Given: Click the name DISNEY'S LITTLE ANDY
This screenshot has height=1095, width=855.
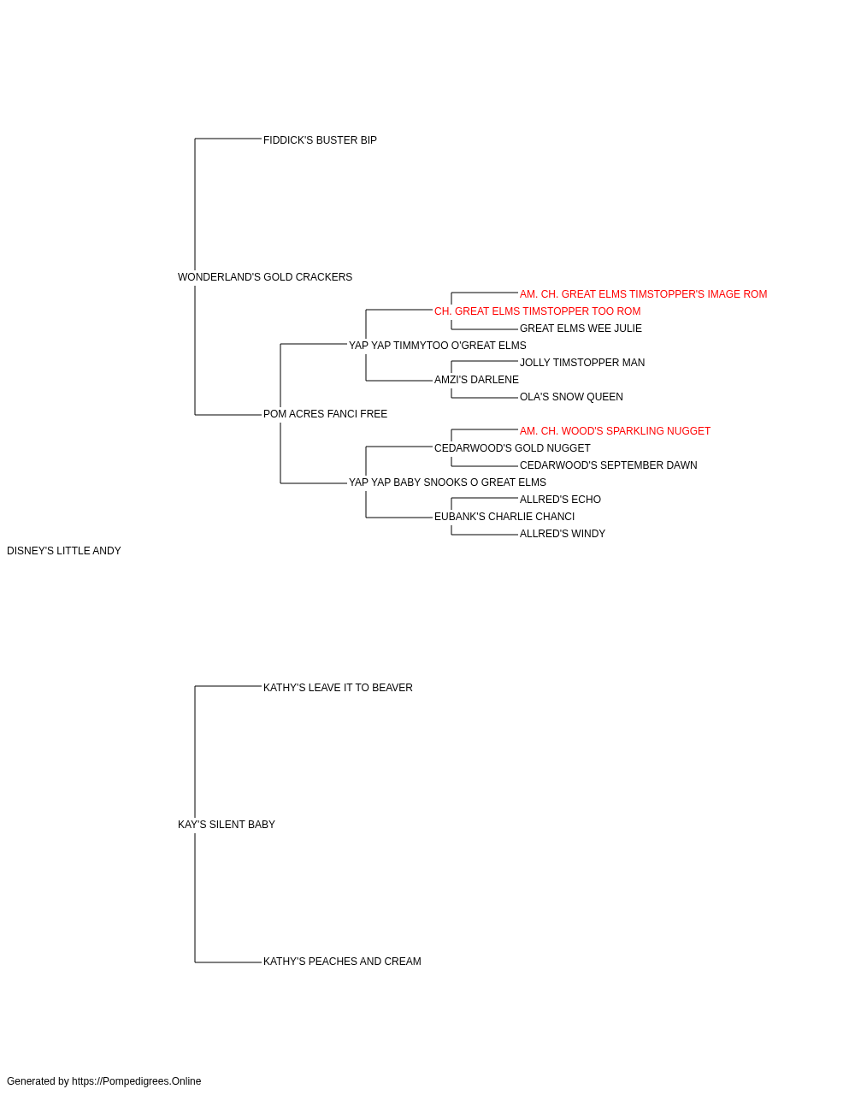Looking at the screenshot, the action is click(64, 551).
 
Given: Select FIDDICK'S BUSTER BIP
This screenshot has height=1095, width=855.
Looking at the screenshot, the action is click(320, 140).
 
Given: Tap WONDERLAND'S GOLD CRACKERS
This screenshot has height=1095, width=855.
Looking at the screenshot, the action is click(265, 277).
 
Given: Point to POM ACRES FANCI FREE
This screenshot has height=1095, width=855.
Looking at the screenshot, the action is click(325, 414).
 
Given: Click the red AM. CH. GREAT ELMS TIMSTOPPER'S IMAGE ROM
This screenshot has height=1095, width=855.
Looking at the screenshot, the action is click(643, 294).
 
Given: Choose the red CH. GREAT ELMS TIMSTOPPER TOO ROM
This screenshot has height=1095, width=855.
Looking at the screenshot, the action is click(537, 311).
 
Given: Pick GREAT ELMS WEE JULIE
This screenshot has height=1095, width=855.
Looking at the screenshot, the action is click(581, 328).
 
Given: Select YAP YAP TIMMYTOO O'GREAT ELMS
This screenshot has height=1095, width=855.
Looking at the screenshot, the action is click(437, 346).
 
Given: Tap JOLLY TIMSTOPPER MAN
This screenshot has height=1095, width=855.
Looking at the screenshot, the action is click(582, 363).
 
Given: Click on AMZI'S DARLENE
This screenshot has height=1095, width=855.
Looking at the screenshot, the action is click(476, 380).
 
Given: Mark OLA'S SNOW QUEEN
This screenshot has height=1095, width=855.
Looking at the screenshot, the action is click(571, 397).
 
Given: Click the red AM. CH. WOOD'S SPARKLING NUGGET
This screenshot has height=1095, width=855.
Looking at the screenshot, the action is click(615, 431).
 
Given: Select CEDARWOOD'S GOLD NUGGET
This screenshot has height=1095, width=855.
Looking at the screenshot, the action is click(512, 448).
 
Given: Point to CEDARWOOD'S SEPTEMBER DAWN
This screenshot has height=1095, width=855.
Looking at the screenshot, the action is click(608, 465).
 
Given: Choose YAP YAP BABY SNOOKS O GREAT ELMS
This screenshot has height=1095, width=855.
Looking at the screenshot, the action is click(447, 482).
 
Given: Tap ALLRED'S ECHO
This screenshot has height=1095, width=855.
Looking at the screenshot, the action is click(560, 500).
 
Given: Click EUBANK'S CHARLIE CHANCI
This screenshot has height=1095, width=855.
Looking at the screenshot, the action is click(504, 517).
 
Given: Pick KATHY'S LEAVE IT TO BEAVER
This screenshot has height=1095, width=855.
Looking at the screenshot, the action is click(338, 688).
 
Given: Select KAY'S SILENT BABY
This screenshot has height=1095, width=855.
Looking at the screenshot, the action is click(226, 825).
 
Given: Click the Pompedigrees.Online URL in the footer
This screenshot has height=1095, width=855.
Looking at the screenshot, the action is click(136, 1081).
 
